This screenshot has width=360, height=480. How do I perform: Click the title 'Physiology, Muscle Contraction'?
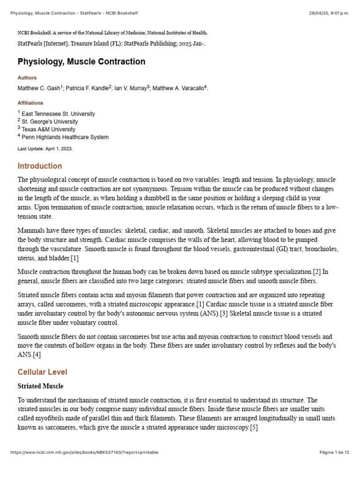81,62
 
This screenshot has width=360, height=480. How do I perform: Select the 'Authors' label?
27,78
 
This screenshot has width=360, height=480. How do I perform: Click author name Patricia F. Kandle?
87,88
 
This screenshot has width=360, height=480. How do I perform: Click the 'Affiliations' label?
30,103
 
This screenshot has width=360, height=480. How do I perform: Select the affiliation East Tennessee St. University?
58,114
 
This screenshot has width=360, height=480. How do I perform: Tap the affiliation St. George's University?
50,122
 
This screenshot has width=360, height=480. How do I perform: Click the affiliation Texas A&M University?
48,129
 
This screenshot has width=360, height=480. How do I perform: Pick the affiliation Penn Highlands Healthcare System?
65,137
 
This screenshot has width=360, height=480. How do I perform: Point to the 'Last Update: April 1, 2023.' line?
45,149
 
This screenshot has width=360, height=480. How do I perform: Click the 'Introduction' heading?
39,166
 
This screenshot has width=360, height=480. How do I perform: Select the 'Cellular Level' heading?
42,372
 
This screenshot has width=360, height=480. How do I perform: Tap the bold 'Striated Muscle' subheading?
40,386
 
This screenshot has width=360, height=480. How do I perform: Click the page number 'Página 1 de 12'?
334,452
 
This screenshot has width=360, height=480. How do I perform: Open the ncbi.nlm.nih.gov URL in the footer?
84,452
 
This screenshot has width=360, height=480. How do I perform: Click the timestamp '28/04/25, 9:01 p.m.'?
326,13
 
